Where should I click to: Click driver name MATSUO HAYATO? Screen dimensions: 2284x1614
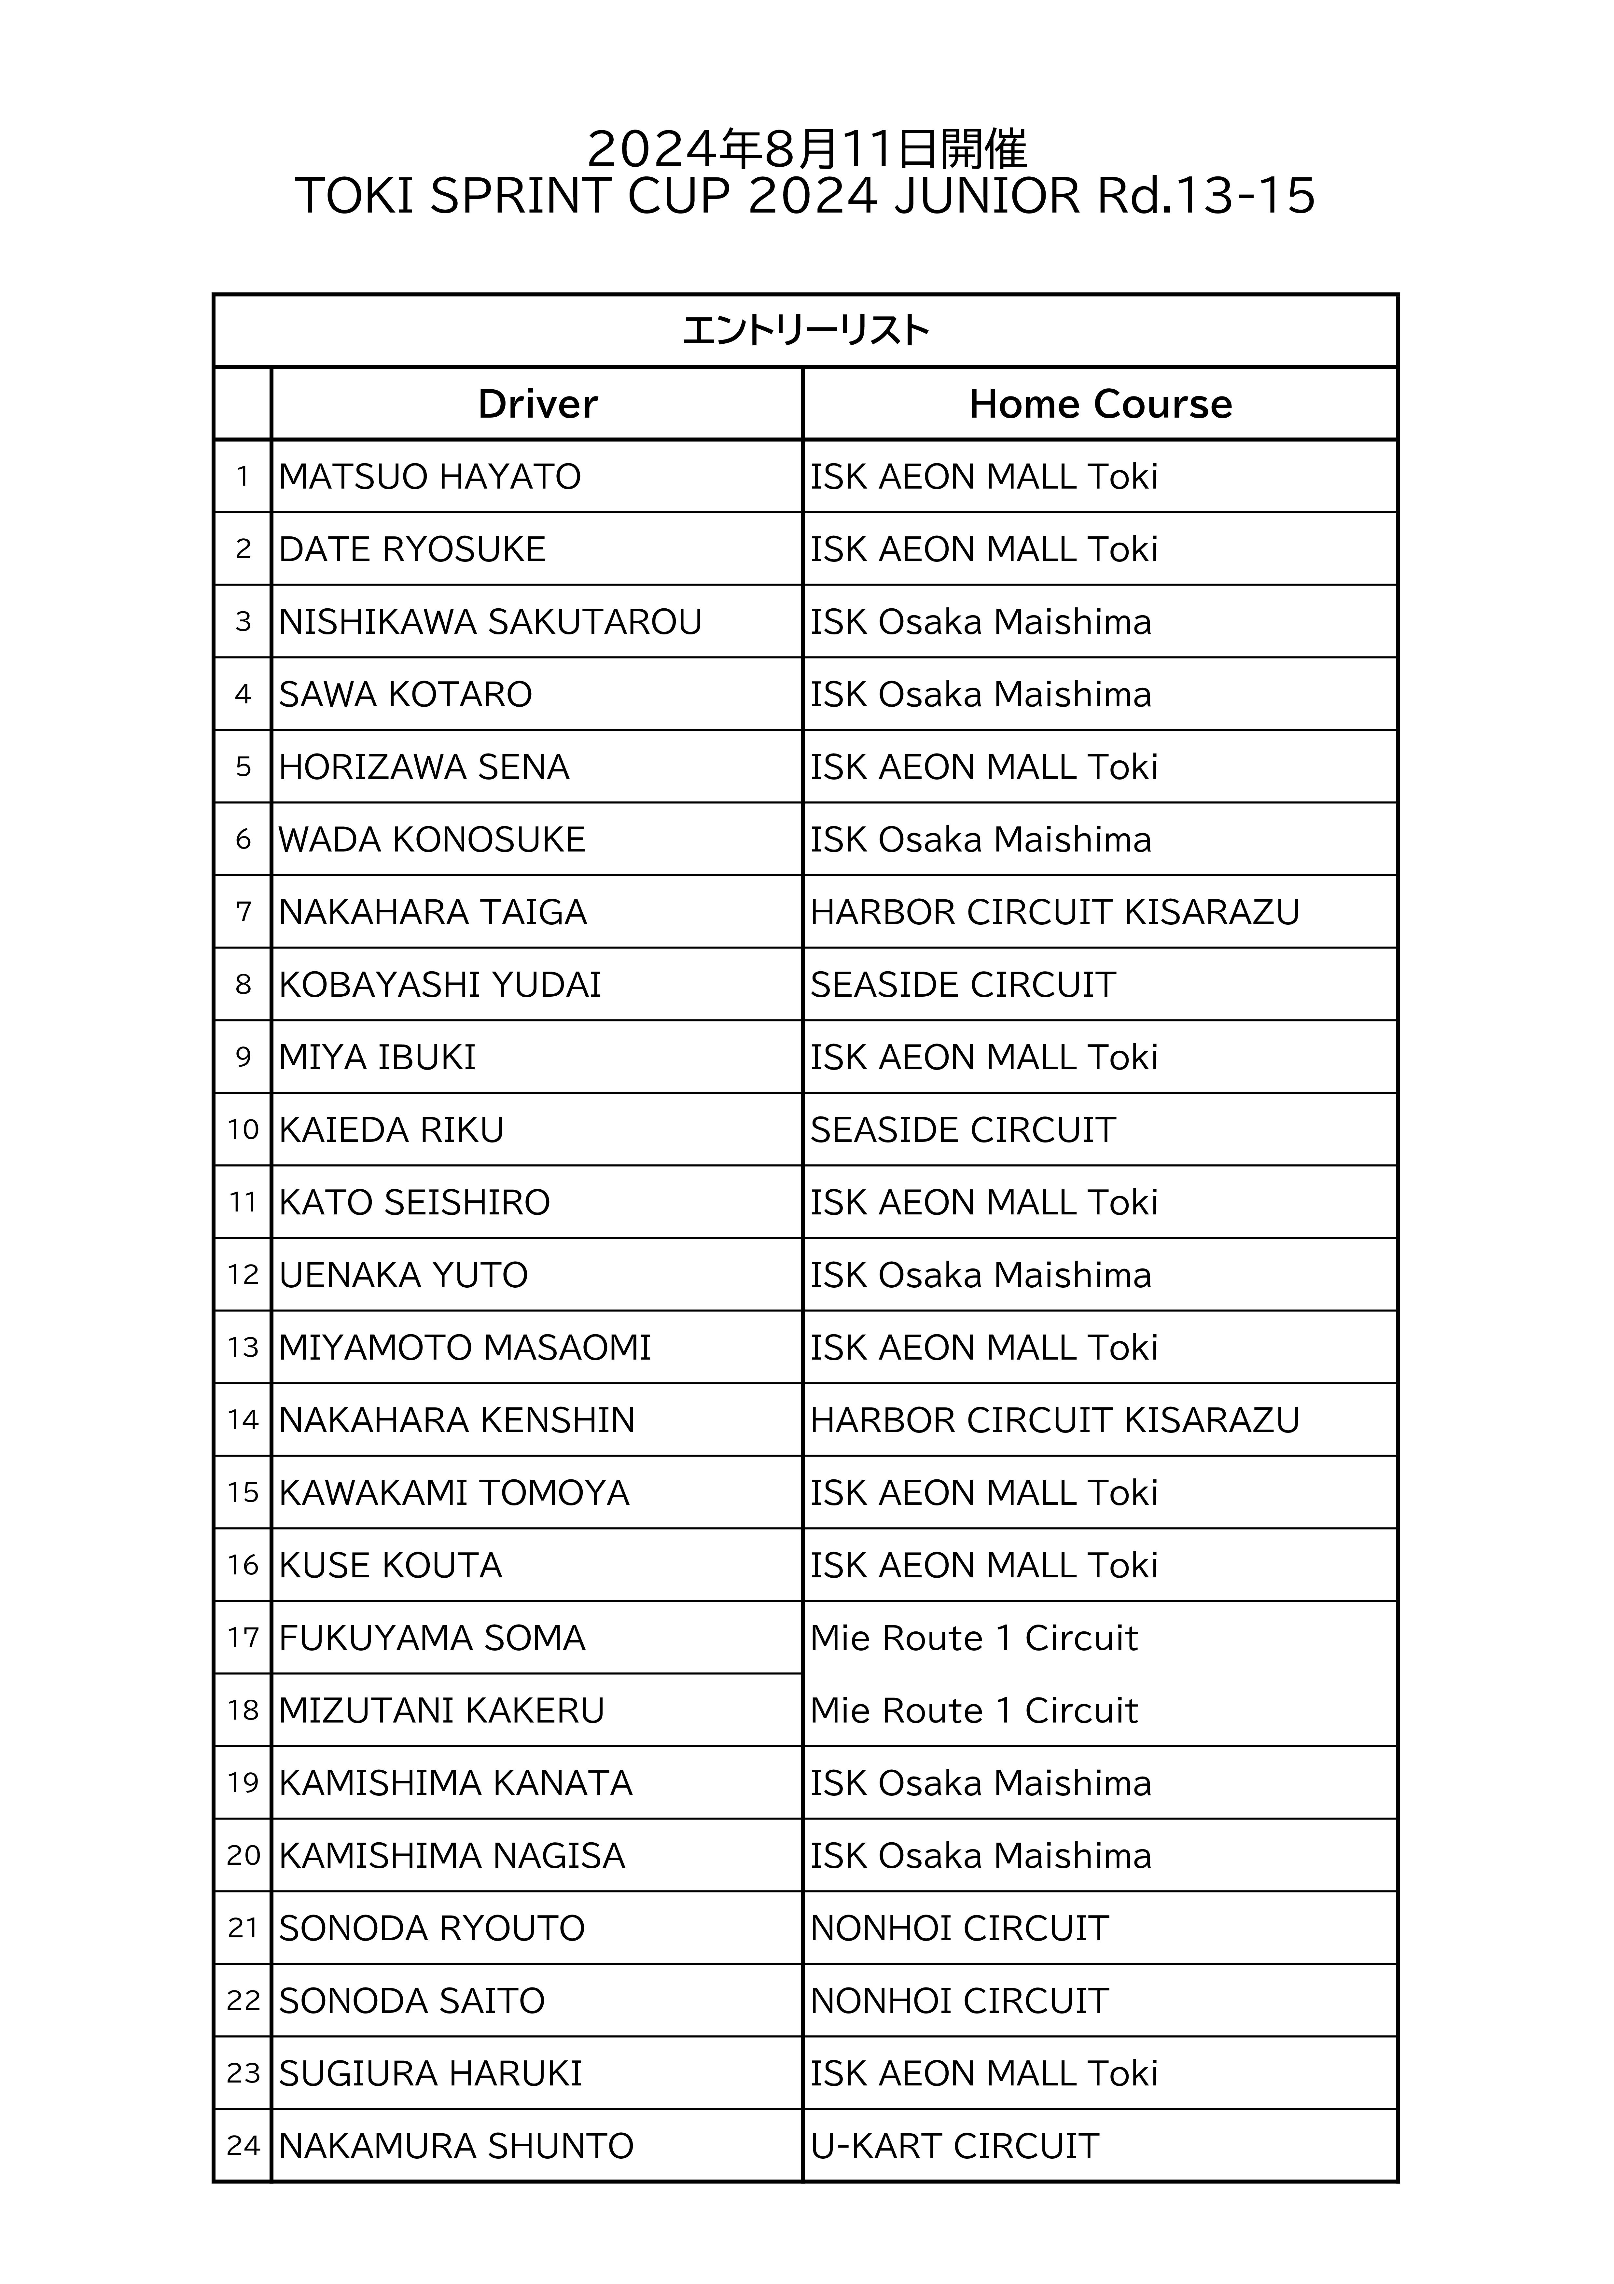[x=430, y=477]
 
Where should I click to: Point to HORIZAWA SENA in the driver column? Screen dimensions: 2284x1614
[x=424, y=767]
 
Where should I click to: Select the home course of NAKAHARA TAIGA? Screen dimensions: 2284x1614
[x=1055, y=912]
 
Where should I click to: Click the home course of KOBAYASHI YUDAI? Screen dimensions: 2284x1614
[x=962, y=985]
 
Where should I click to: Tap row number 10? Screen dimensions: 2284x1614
[x=243, y=1130]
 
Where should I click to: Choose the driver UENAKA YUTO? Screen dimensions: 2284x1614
[x=403, y=1275]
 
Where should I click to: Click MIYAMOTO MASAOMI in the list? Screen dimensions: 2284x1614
[x=465, y=1348]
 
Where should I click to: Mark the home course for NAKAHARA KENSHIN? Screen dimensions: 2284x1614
[x=1055, y=1420]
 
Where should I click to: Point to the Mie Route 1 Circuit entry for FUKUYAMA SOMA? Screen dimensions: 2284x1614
[x=973, y=1639]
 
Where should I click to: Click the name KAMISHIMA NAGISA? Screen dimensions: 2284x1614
[x=452, y=1856]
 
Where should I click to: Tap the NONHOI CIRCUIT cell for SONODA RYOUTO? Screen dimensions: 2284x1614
[x=959, y=1929]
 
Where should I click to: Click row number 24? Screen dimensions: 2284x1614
[x=243, y=2147]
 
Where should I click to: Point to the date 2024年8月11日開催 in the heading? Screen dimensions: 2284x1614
[x=806, y=149]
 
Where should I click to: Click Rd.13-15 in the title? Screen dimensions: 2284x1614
[x=1206, y=196]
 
